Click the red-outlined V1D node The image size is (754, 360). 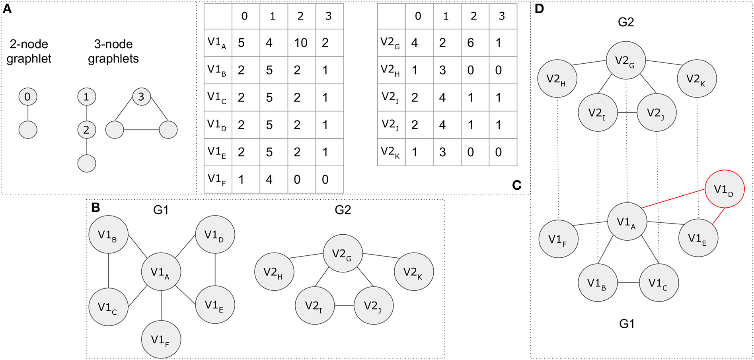coord(724,189)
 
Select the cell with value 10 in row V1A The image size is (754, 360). coord(301,43)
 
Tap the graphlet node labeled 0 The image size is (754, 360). coord(28,97)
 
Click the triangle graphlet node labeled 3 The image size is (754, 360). coord(141,97)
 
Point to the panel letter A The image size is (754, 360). coord(7,9)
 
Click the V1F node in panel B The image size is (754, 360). coord(161,340)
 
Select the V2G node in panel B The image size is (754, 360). coord(343,253)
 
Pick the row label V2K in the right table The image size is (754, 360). coord(391,152)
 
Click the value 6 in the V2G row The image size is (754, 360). coord(471,43)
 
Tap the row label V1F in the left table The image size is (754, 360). coord(217,179)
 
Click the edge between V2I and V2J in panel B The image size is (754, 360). coord(344,306)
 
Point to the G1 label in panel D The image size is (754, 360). coord(627,324)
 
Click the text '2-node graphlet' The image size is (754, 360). coord(29,51)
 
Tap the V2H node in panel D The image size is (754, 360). coord(557,79)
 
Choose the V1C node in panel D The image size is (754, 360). coord(659,283)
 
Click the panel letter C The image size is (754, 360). coord(516,185)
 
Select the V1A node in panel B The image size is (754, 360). coord(161,272)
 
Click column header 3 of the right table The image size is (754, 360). coord(502,16)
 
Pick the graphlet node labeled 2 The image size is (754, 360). coord(86,130)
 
